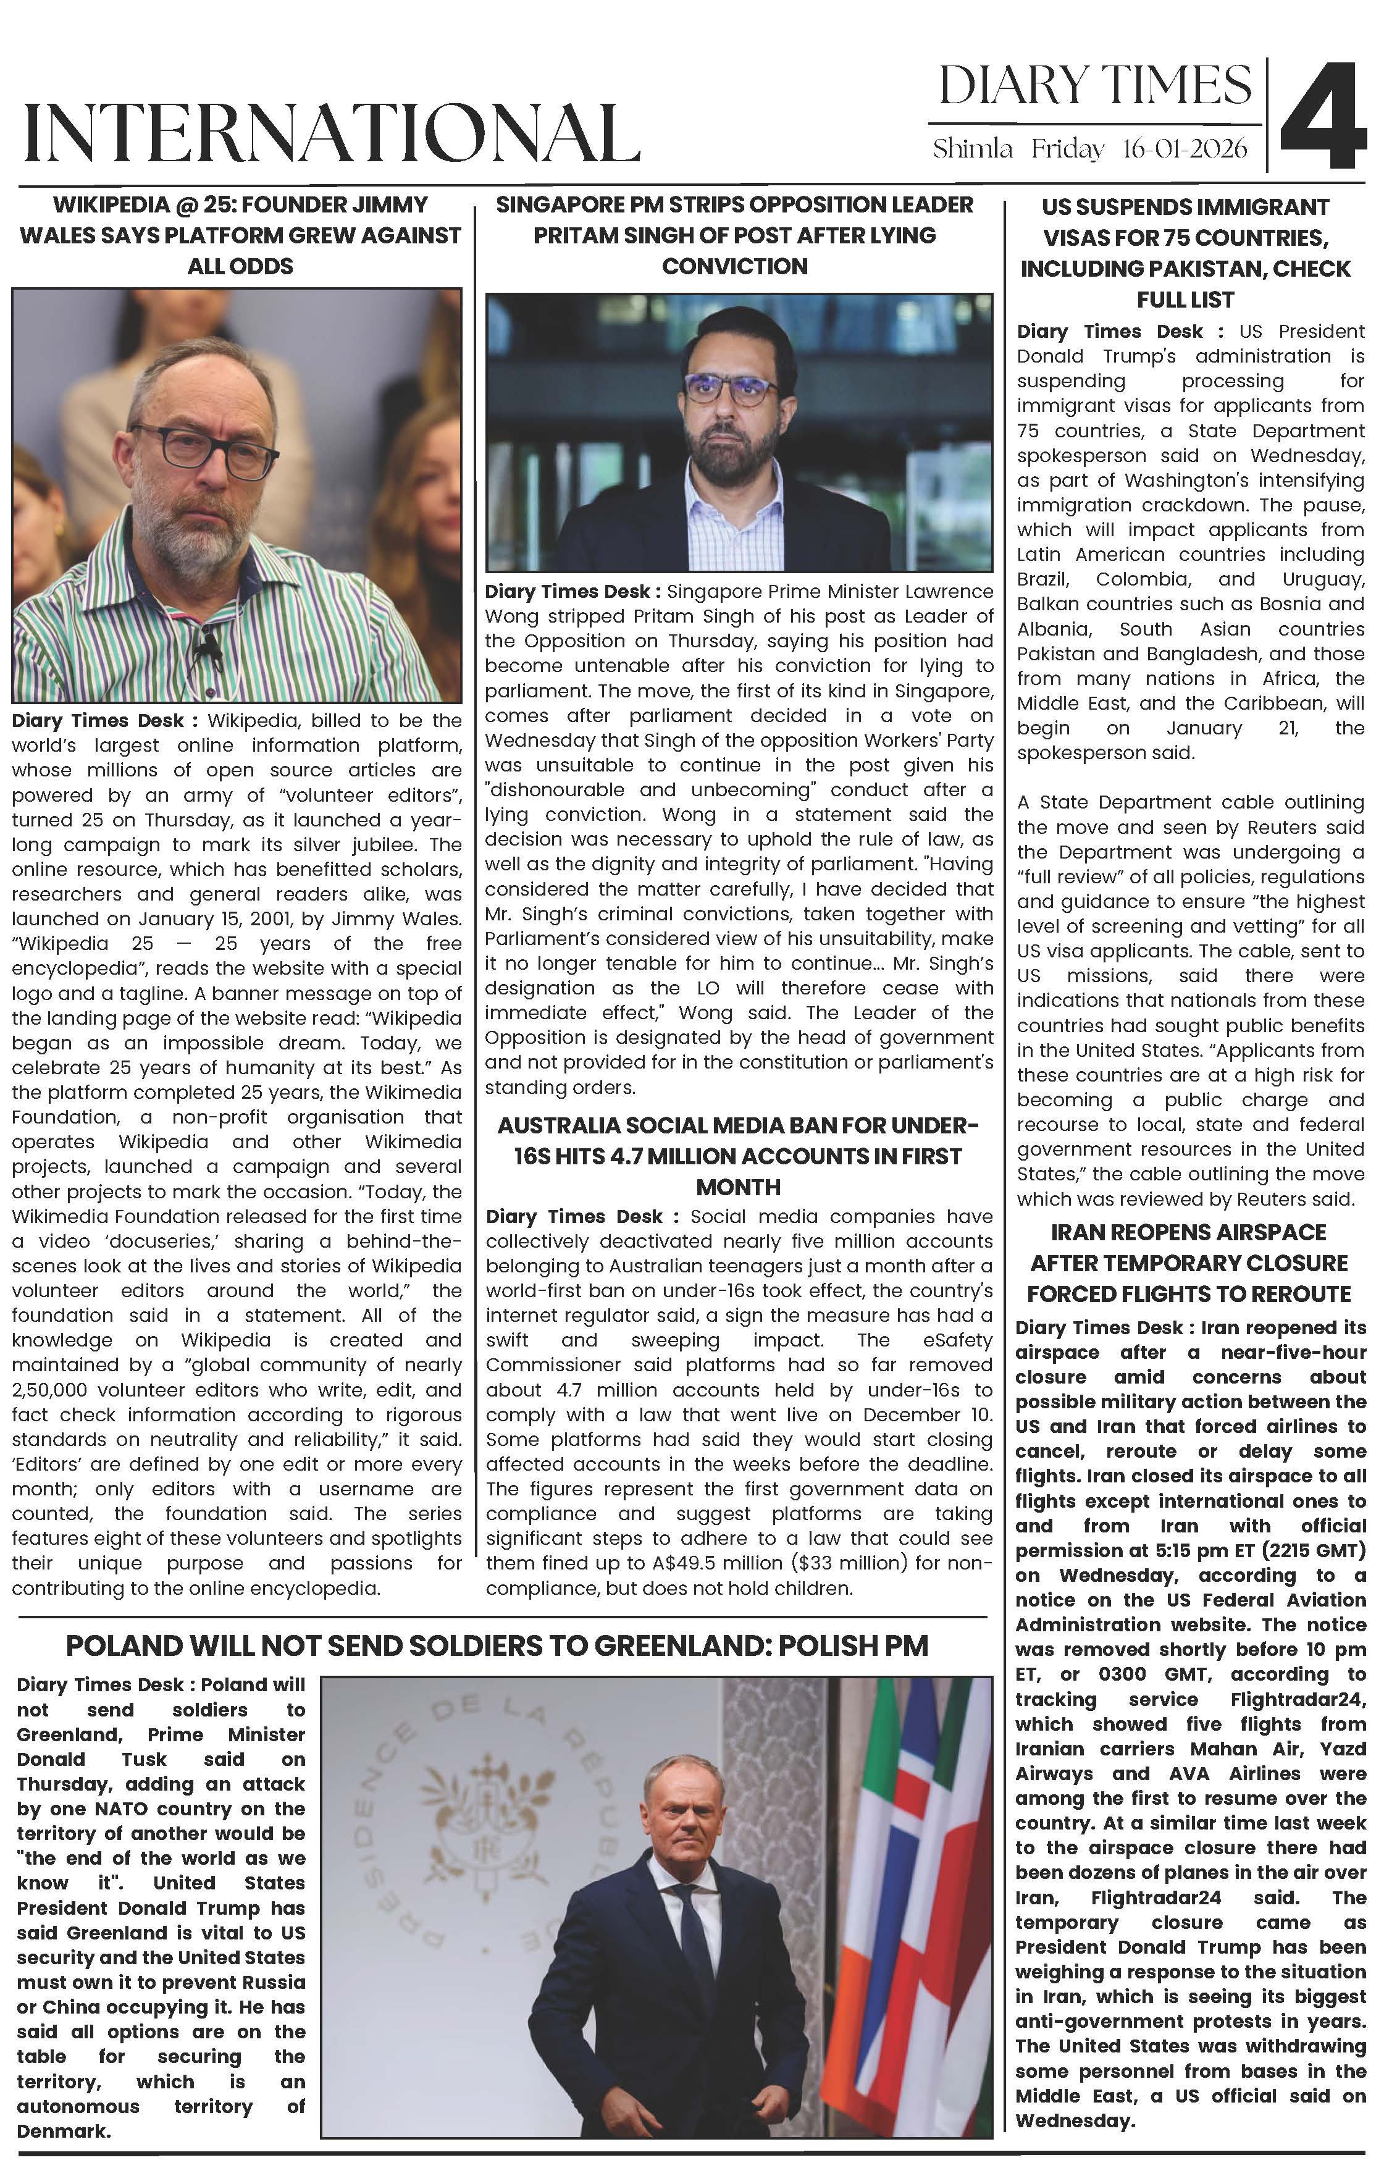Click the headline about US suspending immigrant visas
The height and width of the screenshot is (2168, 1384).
(1185, 253)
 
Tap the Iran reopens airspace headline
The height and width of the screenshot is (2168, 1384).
(1189, 1263)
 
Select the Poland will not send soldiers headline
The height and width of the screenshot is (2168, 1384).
(497, 1646)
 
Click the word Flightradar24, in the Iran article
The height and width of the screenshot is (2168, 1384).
(1298, 1700)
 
